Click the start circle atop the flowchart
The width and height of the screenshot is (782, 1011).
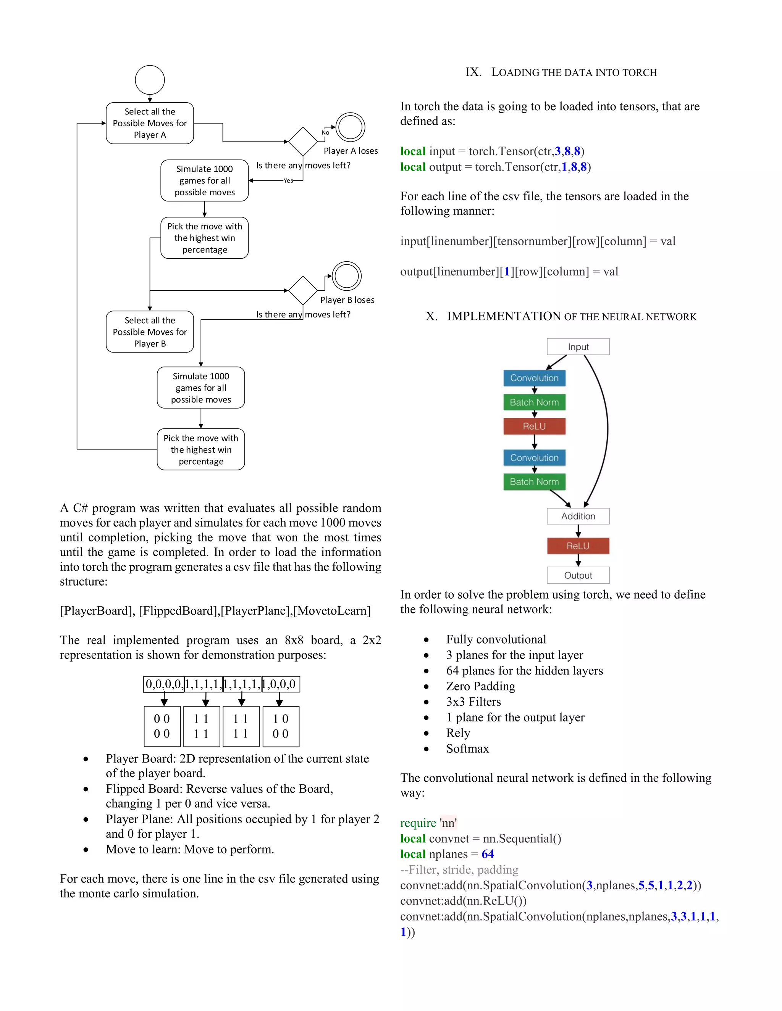(x=150, y=80)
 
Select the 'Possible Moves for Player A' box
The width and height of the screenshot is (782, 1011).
(x=150, y=123)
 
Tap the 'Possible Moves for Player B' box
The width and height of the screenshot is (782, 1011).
(x=150, y=332)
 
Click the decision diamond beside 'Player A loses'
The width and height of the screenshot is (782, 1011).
(x=303, y=142)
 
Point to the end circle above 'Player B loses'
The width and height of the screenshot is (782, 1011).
(x=347, y=276)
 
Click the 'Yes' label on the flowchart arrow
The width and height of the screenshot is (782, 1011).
(x=288, y=180)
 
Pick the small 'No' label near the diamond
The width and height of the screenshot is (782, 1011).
(x=325, y=132)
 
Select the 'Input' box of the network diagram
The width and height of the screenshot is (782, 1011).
(x=578, y=347)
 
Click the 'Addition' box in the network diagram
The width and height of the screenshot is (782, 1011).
(x=578, y=516)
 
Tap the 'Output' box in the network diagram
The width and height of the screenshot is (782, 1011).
(x=578, y=575)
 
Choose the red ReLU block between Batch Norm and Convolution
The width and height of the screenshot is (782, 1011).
(x=534, y=427)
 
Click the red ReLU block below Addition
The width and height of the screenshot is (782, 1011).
(x=578, y=546)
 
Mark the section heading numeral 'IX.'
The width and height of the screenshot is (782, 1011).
(x=473, y=72)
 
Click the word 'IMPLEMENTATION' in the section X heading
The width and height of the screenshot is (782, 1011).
(x=504, y=316)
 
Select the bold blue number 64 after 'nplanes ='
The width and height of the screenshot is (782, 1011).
(x=487, y=854)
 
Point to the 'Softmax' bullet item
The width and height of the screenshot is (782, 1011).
(x=467, y=749)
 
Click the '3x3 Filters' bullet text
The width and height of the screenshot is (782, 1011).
(x=473, y=702)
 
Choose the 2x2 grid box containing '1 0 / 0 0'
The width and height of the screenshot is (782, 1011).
(x=280, y=726)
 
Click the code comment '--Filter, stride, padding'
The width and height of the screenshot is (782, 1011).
(x=459, y=870)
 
